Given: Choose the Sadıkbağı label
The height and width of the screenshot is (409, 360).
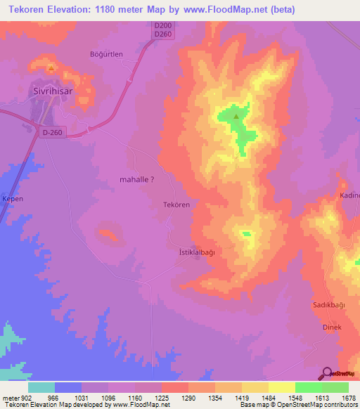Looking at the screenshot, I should point(328,305).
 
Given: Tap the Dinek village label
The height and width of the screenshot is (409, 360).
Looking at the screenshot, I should point(332,327).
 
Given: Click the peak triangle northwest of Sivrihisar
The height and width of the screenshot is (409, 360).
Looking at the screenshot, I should point(51,69).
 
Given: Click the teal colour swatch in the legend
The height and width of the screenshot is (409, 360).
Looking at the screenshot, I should point(41,387).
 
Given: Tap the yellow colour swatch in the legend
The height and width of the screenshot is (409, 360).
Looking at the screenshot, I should point(282,387).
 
